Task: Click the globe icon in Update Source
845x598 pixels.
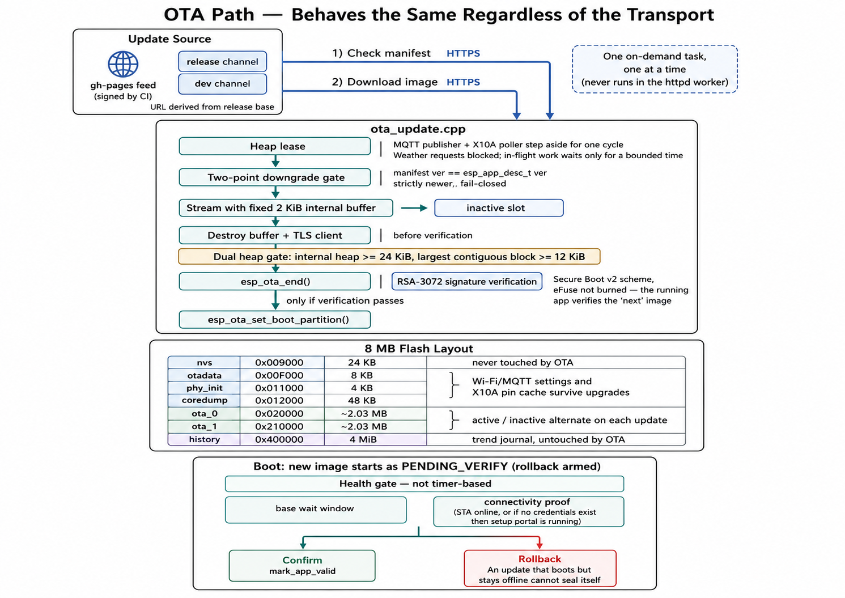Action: (x=123, y=64)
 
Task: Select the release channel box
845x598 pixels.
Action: (x=223, y=61)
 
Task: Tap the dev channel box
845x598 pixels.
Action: (x=223, y=84)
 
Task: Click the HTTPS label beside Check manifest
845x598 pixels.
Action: (x=463, y=53)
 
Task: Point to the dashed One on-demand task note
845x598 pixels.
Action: (x=655, y=69)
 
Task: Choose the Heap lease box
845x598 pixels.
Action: (x=275, y=146)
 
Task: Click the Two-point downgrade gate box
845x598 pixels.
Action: (x=275, y=177)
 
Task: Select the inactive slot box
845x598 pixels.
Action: (x=499, y=208)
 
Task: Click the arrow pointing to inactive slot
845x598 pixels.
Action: (x=414, y=208)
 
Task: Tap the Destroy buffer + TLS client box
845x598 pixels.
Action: (x=275, y=235)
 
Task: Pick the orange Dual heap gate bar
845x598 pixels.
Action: (x=389, y=257)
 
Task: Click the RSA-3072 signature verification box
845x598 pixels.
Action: (x=466, y=282)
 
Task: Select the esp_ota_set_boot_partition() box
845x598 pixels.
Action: (x=275, y=320)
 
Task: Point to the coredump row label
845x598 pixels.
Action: (x=204, y=400)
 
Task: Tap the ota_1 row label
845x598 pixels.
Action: (x=204, y=426)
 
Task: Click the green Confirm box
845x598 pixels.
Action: (x=302, y=566)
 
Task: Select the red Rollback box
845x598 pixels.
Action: (x=540, y=568)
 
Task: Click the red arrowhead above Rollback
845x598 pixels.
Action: (x=540, y=545)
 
